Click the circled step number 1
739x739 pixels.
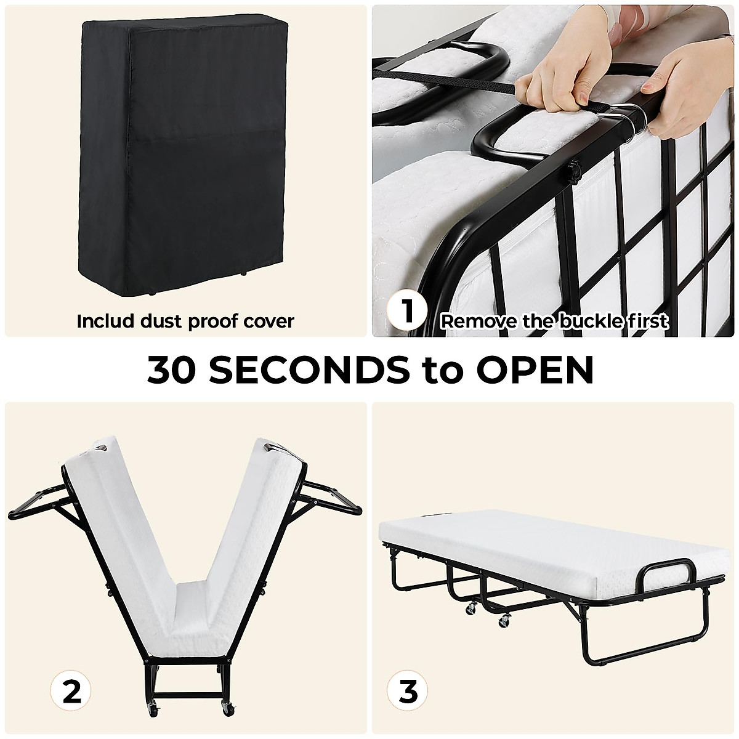[x=406, y=312]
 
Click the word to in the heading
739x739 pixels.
[x=446, y=369]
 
